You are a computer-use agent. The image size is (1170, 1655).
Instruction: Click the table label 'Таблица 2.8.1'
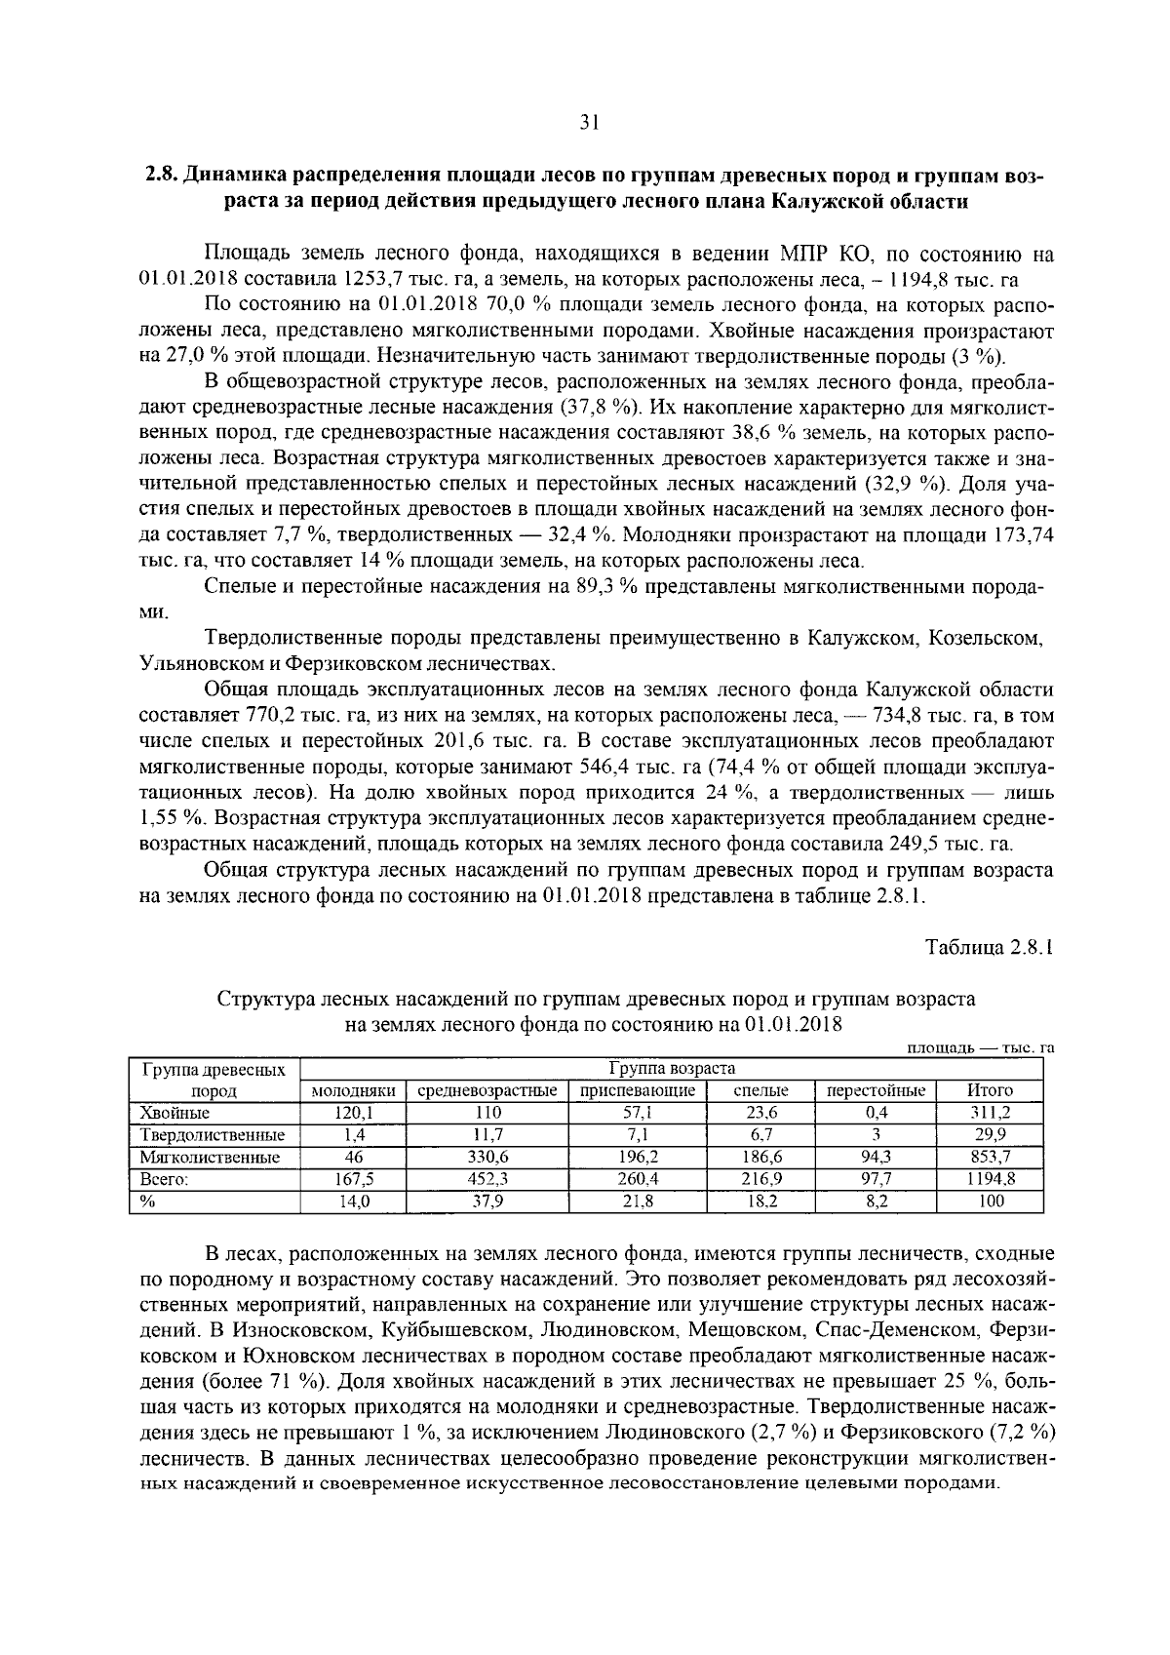pyautogui.click(x=990, y=947)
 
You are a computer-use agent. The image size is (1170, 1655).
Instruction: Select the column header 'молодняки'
pyautogui.click(x=353, y=1090)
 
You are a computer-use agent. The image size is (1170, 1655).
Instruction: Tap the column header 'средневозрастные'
pyautogui.click(x=487, y=1090)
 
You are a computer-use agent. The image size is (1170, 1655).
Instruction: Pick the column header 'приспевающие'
pyautogui.click(x=638, y=1090)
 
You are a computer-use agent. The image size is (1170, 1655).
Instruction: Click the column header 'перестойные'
pyautogui.click(x=876, y=1090)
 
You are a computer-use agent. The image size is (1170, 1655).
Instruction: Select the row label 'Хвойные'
pyautogui.click(x=175, y=1113)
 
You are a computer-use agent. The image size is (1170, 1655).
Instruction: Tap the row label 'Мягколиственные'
pyautogui.click(x=210, y=1158)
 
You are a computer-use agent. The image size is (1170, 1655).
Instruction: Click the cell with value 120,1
pyautogui.click(x=353, y=1113)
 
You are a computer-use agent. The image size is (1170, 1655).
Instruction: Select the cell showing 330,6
pyautogui.click(x=487, y=1158)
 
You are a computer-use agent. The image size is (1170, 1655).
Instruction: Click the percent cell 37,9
pyautogui.click(x=487, y=1202)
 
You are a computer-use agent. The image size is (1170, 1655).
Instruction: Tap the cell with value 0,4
pyautogui.click(x=876, y=1113)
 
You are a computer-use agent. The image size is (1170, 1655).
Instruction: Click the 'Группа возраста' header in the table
pyautogui.click(x=672, y=1068)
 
